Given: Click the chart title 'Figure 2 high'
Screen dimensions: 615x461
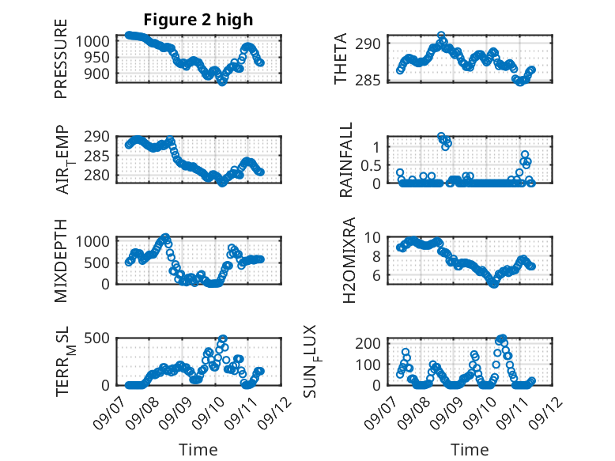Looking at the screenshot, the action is pos(198,20).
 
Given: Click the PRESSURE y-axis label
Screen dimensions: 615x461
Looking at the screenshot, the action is pos(61,59).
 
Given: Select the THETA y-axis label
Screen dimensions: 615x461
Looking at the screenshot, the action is pos(341,59).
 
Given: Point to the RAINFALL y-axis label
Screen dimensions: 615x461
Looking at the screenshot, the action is pos(346,160).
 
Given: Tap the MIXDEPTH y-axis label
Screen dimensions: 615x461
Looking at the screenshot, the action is pos(61,261).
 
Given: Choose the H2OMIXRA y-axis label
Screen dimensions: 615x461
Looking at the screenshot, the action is pos(349,260).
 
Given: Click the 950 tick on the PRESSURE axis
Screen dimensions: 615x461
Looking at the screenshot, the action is pos(96,58).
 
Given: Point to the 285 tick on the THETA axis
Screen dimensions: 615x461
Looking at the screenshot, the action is pos(368,81).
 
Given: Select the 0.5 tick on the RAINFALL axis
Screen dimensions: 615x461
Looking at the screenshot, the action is pos(371,165).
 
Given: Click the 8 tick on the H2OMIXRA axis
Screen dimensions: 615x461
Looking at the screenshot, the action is pos(376,256).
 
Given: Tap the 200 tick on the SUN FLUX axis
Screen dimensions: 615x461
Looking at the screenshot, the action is pos(368,343).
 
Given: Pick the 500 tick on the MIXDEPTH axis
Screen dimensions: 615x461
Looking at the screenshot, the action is pos(96,263).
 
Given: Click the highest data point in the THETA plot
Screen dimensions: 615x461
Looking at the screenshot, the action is pos(441,36).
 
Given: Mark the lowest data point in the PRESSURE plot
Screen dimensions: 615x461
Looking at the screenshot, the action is pos(222,82).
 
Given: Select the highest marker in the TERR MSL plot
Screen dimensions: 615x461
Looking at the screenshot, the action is pos(223,338).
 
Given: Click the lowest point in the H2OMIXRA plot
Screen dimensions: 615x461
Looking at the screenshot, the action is pos(494,284).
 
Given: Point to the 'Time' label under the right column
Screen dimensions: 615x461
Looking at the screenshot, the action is pos(470,449).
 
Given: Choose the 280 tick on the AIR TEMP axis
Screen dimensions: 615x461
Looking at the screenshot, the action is pos(96,175).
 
